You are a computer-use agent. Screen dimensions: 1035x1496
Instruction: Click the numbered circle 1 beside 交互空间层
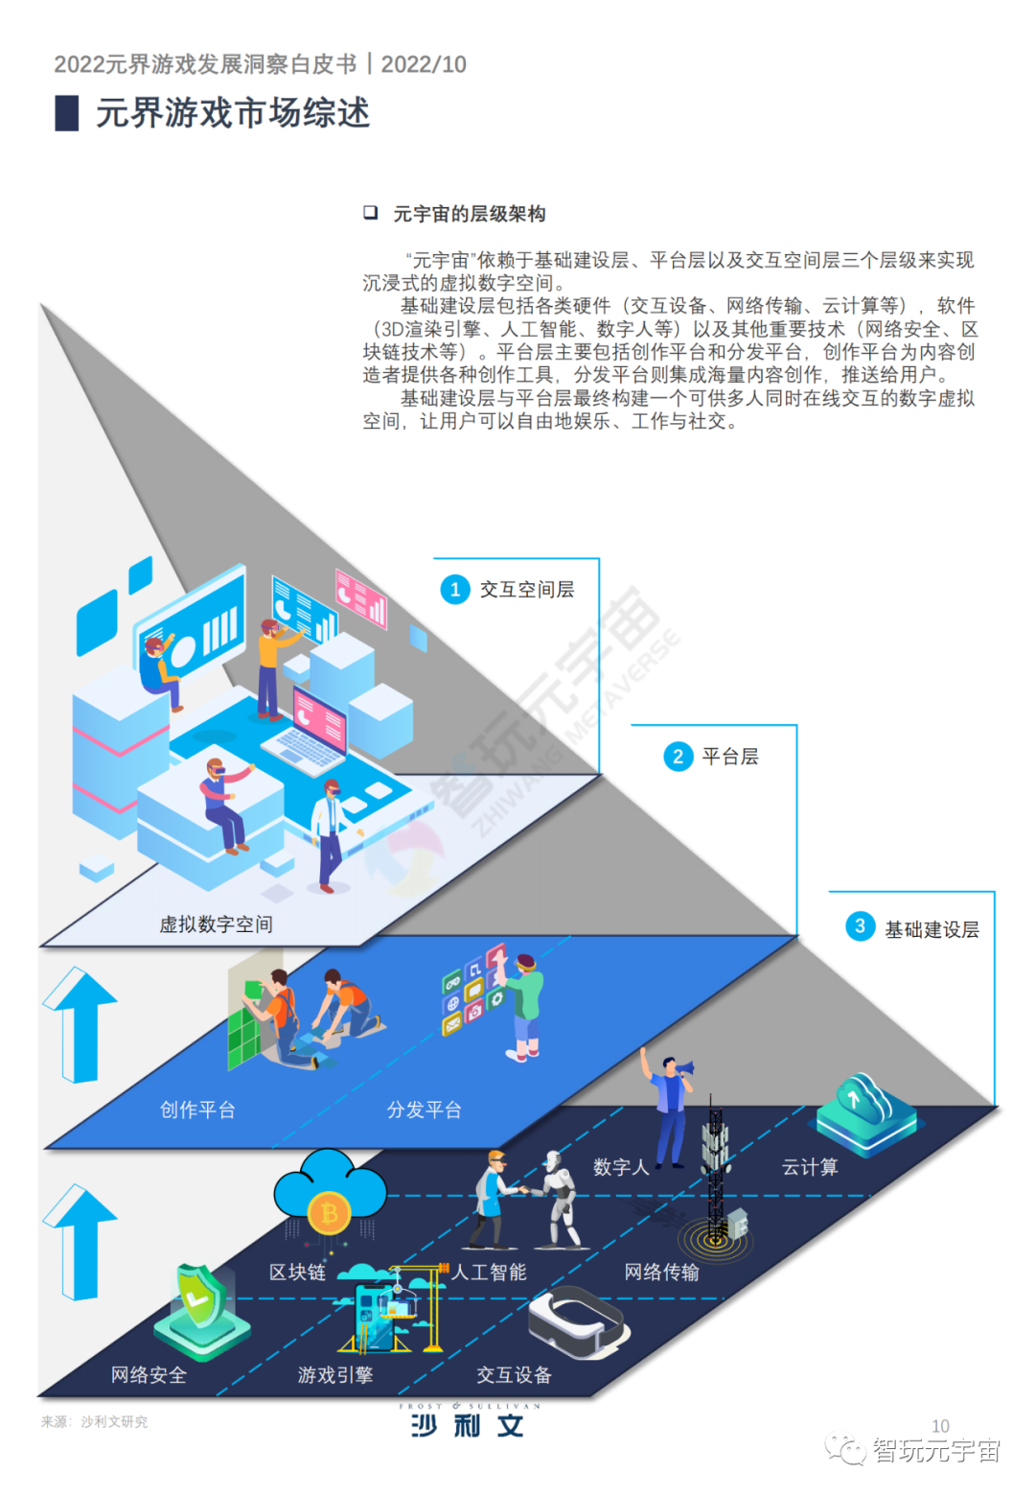455,590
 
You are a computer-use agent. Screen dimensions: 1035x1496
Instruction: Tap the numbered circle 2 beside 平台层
678,757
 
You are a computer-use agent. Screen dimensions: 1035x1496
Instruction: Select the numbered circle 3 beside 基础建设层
860,926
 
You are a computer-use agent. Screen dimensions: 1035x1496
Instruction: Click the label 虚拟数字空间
216,924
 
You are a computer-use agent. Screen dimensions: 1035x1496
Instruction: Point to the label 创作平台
197,1110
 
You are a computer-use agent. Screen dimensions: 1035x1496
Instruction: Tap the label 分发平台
424,1110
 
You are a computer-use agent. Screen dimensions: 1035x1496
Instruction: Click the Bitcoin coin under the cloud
330,1215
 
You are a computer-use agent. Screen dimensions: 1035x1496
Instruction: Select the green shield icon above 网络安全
202,1294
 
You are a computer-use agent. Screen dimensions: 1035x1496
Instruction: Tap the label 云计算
810,1167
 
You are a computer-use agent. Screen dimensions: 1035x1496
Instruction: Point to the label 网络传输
661,1272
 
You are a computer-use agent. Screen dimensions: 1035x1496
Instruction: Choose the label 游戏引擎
334,1375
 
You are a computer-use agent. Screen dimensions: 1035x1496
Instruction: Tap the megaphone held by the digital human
684,1067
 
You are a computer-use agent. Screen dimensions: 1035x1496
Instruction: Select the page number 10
940,1426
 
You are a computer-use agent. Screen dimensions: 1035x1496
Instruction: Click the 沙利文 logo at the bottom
468,1423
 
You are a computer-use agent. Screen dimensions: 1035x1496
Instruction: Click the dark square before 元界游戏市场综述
67,113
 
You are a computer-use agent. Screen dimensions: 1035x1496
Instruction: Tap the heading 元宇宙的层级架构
469,214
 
